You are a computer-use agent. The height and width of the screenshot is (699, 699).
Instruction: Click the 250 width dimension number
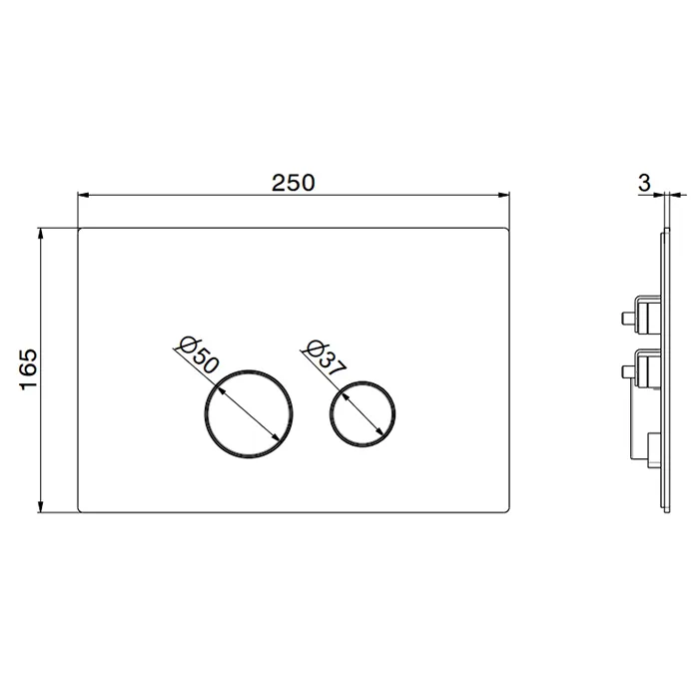point(294,183)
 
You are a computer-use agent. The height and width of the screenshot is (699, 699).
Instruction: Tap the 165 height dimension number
point(28,369)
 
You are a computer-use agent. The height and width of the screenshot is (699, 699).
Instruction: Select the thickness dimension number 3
point(644,183)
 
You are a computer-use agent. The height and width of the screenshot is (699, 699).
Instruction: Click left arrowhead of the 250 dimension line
point(84,195)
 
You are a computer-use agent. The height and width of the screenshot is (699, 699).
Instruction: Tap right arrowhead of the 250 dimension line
point(503,195)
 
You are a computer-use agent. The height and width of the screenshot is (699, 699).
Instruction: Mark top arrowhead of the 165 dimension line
point(41,234)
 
